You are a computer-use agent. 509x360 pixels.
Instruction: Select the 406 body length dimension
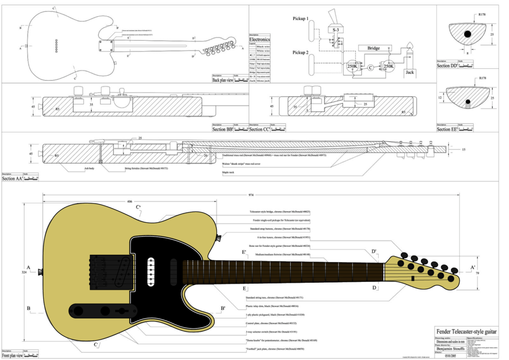click(129, 201)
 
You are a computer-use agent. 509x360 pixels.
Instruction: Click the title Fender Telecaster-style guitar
click(467, 331)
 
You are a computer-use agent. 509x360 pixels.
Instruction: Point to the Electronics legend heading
click(260, 39)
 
